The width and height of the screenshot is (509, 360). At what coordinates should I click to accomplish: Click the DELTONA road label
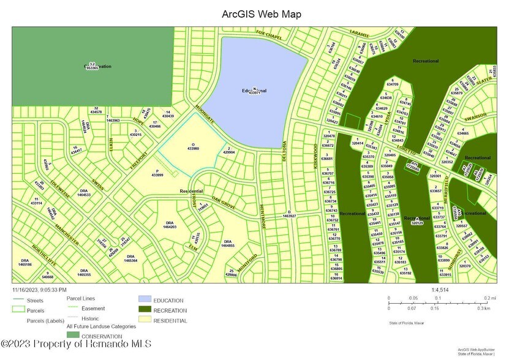pos(284,150)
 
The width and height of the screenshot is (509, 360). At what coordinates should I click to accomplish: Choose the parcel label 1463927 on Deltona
pos(289,214)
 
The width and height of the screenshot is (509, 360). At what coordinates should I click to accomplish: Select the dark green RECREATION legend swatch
pos(144,310)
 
